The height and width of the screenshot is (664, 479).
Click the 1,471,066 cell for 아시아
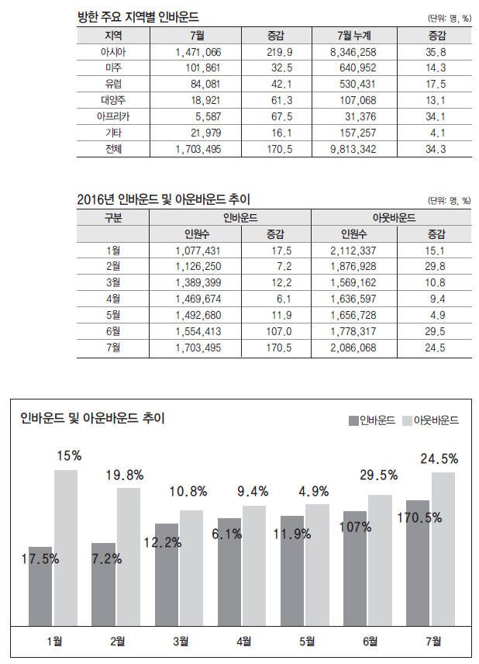tap(198, 51)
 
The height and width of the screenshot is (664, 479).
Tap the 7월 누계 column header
tap(354, 36)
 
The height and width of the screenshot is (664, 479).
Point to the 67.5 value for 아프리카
tap(278, 116)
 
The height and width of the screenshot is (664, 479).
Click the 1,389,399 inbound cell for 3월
tap(198, 282)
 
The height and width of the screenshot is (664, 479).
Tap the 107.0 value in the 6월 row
tap(278, 331)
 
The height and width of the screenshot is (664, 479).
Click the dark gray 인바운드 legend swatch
tap(354, 420)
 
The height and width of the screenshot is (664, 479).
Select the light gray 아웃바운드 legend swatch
tap(408, 420)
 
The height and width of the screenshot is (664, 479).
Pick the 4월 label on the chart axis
tap(243, 641)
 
